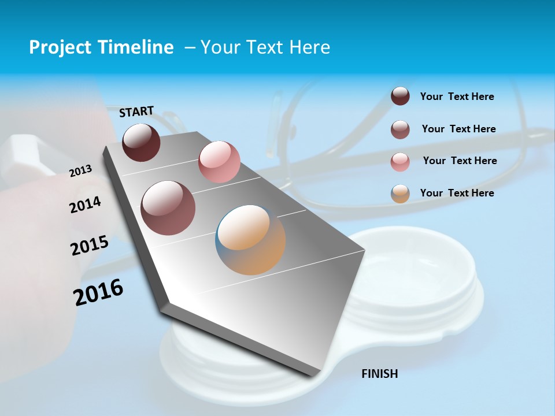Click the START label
click(136, 112)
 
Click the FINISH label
click(379, 374)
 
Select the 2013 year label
click(80, 171)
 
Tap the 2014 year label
click(85, 205)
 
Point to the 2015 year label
click(89, 246)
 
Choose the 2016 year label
click(98, 292)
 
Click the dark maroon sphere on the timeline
click(141, 142)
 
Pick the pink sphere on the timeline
click(219, 162)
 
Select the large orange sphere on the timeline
click(250, 240)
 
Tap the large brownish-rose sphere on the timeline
click(168, 208)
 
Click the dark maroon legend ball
click(400, 96)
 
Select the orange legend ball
click(400, 194)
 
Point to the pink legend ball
click(400, 162)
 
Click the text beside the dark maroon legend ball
click(457, 96)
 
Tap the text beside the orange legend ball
click(457, 193)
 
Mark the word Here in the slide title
click(309, 47)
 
